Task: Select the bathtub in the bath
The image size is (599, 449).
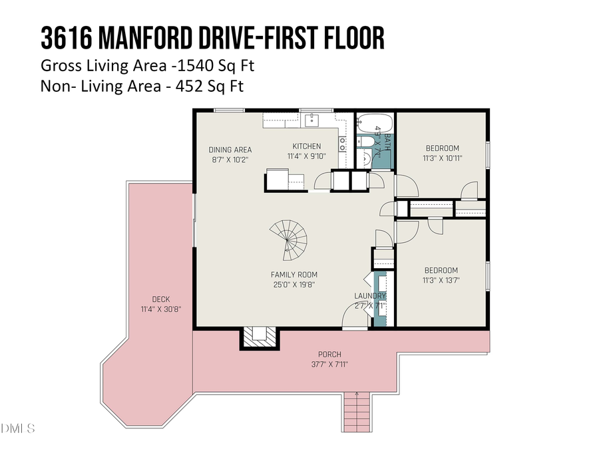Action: pos(368,124)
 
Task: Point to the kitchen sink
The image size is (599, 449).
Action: pos(311,120)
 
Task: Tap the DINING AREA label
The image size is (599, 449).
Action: pos(230,150)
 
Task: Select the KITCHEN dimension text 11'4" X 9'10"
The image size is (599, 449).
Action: pos(307,156)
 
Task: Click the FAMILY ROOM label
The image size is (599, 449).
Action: pos(294,274)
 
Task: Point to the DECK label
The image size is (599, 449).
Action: pos(161,299)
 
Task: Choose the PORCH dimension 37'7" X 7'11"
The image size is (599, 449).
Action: pos(329,364)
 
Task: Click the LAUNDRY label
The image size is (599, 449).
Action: pos(370,296)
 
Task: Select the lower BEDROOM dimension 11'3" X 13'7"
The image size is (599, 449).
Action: pos(441,280)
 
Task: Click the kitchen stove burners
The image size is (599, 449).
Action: pos(343,144)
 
